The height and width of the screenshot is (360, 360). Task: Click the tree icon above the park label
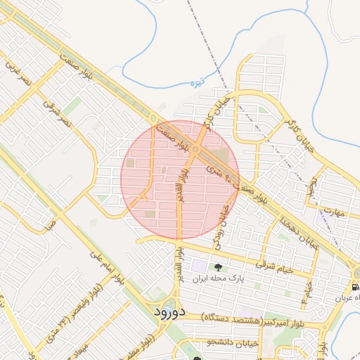[x=217, y=267]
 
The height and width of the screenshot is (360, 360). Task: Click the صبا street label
[x=49, y=226]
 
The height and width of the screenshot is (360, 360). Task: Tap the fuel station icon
[x=355, y=288]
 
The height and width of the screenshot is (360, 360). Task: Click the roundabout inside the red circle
[x=195, y=149]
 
